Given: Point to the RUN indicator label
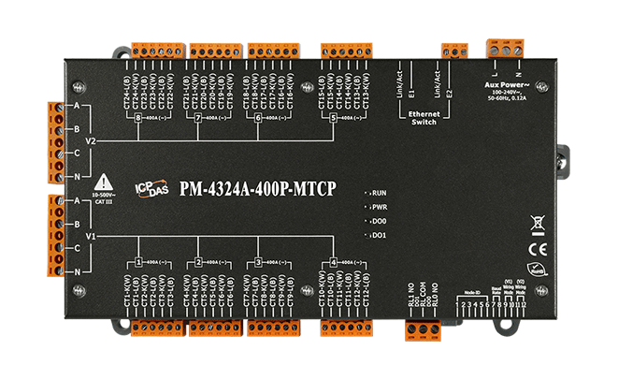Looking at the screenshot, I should point(379,190).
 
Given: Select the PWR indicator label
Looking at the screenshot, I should point(379,205).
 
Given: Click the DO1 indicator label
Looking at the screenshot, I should point(379,235).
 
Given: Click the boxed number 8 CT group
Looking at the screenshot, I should point(138,118).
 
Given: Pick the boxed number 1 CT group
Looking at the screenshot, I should point(138,263).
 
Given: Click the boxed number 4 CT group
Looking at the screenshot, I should point(334,263).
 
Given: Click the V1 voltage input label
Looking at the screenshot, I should point(91,238).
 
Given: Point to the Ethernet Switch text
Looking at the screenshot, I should point(424,116).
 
